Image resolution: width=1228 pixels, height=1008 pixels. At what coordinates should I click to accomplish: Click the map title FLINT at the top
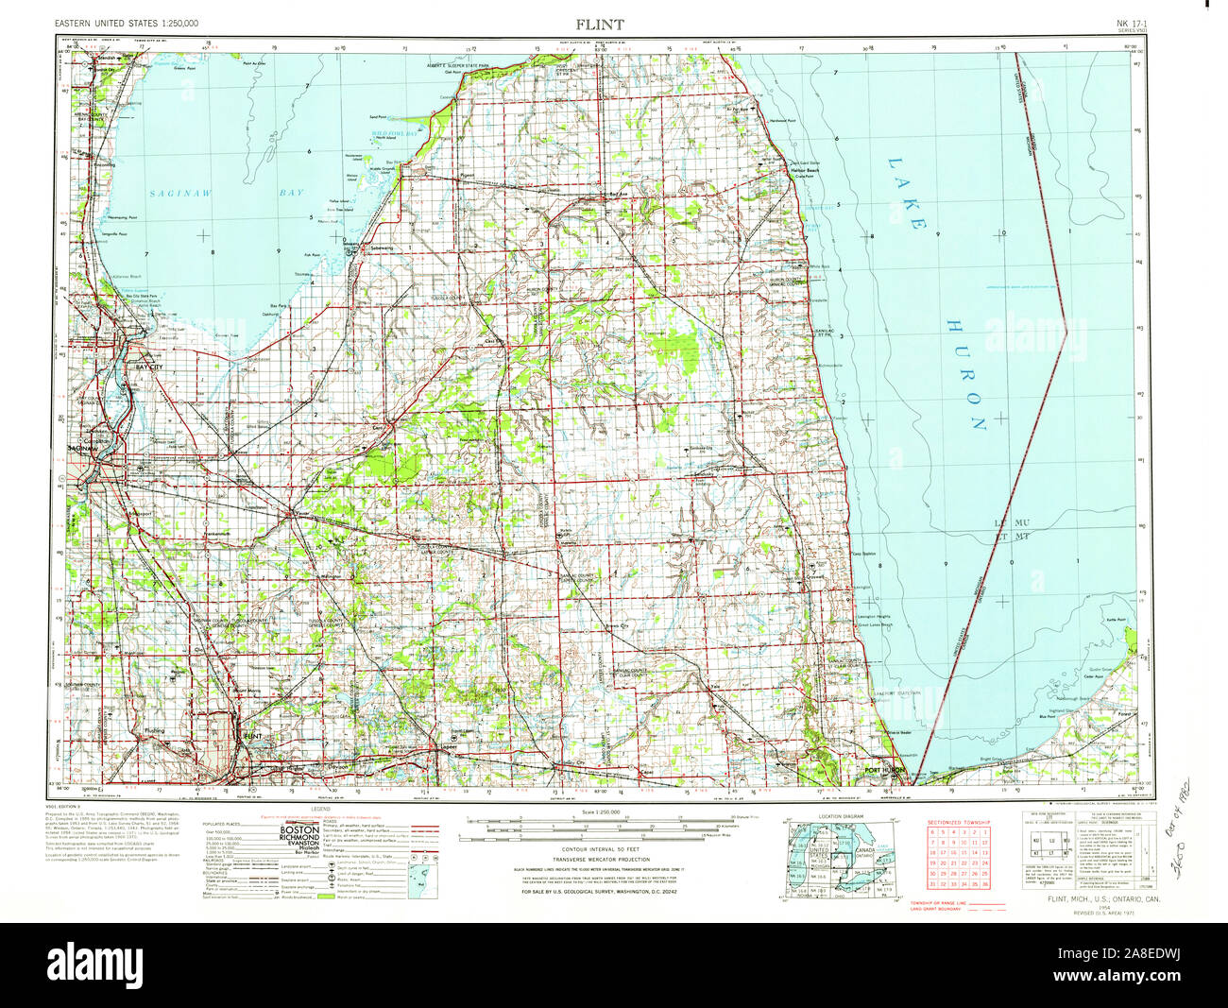coord(599,23)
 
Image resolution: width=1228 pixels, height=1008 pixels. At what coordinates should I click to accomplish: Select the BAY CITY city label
coord(149,366)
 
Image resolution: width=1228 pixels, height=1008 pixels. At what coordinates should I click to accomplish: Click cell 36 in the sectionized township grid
coord(983,883)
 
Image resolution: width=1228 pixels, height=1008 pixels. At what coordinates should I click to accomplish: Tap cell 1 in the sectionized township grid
coord(983,831)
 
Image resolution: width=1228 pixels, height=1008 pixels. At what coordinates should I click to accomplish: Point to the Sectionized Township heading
coord(959,823)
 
